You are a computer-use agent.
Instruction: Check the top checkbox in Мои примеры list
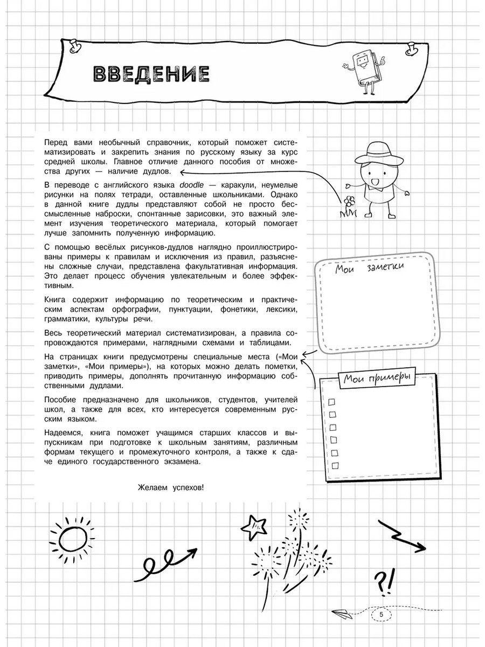pos(332,401)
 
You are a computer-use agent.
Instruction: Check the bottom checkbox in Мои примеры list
pos(335,465)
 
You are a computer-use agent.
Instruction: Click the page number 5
pos(381,614)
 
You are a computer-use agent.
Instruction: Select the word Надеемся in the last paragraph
pos(63,434)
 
